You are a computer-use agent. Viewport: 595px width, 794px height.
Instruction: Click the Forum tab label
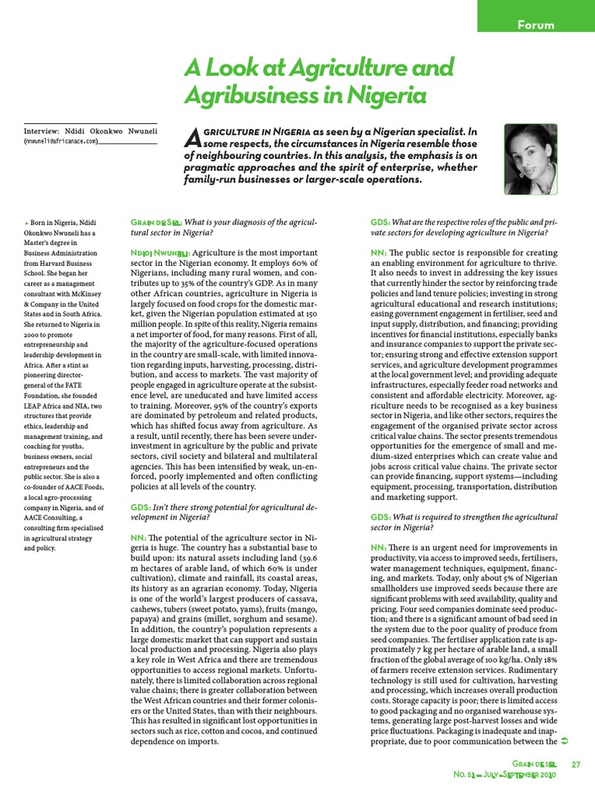point(535,25)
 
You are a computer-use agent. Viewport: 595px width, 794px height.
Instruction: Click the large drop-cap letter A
point(194,138)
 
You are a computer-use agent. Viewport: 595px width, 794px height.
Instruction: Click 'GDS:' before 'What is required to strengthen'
point(380,516)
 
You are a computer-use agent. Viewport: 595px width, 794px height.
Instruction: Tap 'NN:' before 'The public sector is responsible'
point(379,254)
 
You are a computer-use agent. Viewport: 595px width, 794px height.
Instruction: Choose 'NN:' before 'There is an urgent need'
point(379,547)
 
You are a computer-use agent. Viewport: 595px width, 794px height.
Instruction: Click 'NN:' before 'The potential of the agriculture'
point(139,537)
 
